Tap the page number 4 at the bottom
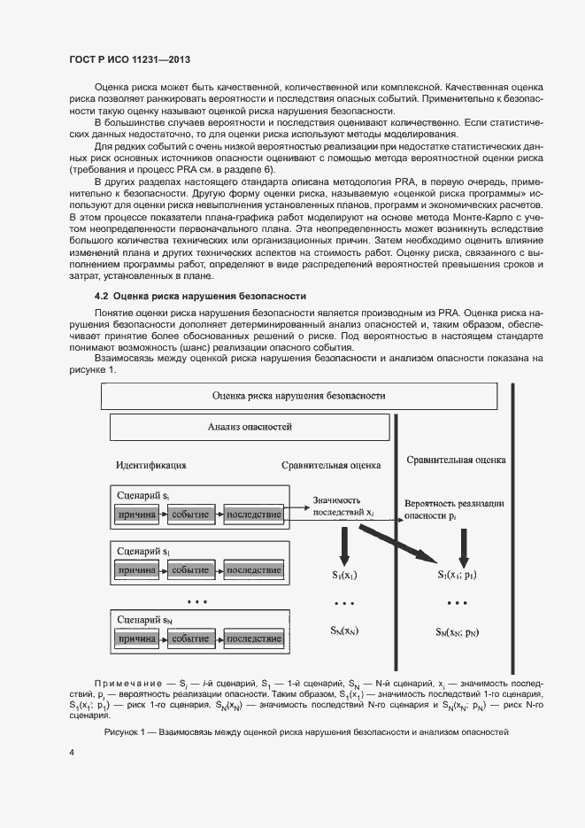72,753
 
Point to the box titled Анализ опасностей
250,427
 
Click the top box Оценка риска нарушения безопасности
299,396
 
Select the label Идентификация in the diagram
150,464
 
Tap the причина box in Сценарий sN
137,638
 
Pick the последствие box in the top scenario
253,514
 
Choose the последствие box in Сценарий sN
253,638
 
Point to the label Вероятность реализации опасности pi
453,508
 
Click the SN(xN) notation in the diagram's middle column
344,630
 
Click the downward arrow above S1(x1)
344,546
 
